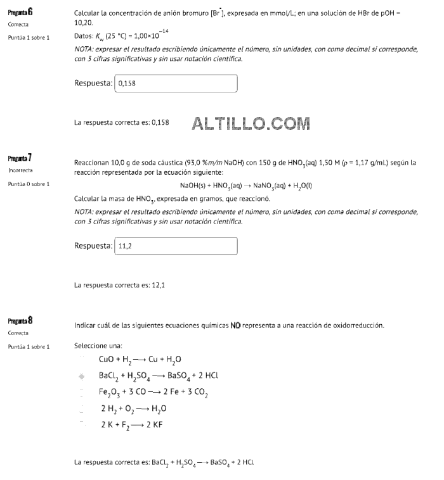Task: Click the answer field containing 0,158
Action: tap(175, 84)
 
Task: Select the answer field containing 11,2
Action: tap(175, 246)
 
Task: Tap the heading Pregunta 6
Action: tap(20, 12)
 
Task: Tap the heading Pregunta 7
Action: tap(20, 157)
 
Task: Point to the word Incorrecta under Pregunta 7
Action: tap(20, 170)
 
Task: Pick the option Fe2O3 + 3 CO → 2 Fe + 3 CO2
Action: tap(153, 393)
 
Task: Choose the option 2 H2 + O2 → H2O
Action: tap(133, 409)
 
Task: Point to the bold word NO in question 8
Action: tap(235, 325)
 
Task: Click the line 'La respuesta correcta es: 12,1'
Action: tap(120, 285)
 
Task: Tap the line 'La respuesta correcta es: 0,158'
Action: tap(122, 122)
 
